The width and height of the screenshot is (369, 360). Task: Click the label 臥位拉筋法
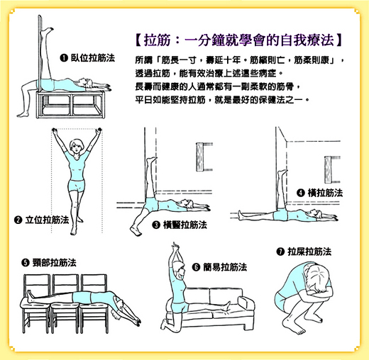pyautogui.click(x=93, y=58)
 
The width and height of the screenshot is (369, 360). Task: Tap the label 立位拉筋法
pyautogui.click(x=47, y=220)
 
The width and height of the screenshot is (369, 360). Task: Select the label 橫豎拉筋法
pyautogui.click(x=185, y=225)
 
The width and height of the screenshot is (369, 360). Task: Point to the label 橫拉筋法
pyautogui.click(x=325, y=193)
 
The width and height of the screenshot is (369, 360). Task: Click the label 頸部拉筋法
pyautogui.click(x=55, y=262)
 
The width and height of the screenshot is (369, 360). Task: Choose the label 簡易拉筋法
pyautogui.click(x=225, y=267)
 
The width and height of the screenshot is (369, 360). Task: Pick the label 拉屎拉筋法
pyautogui.click(x=309, y=252)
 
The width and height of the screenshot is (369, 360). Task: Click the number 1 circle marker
pyautogui.click(x=64, y=58)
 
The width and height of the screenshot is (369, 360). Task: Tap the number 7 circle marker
pyautogui.click(x=280, y=252)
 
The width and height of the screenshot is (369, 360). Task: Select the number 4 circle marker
pyautogui.click(x=300, y=193)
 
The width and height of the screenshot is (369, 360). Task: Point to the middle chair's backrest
pyautogui.click(x=65, y=283)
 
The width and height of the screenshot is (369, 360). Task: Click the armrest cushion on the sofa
pyautogui.click(x=246, y=303)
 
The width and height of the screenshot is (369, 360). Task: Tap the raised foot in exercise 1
pyautogui.click(x=48, y=30)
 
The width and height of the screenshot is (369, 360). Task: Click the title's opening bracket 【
pyautogui.click(x=138, y=40)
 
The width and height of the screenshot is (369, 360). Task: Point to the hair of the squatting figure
pyautogui.click(x=317, y=276)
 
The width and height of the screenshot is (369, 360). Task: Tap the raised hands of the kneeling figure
pyautogui.click(x=175, y=247)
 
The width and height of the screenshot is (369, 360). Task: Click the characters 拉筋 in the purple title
pyautogui.click(x=157, y=40)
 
